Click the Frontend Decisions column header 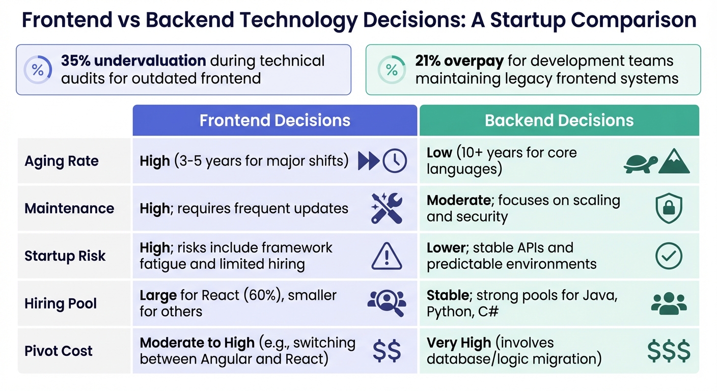click(x=274, y=121)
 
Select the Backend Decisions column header click(x=559, y=121)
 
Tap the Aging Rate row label click(x=62, y=161)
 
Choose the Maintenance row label click(x=69, y=208)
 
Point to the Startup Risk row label click(x=65, y=256)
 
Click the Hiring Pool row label click(x=61, y=304)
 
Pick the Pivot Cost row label click(x=59, y=351)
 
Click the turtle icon click(x=640, y=163)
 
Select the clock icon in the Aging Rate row click(x=395, y=161)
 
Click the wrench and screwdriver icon click(x=387, y=208)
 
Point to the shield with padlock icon click(x=669, y=209)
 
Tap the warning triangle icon click(x=387, y=256)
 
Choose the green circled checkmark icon click(x=669, y=256)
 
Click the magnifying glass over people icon click(x=387, y=303)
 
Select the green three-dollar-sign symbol click(x=669, y=351)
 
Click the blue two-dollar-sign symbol click(x=387, y=351)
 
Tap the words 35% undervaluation click(x=133, y=61)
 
